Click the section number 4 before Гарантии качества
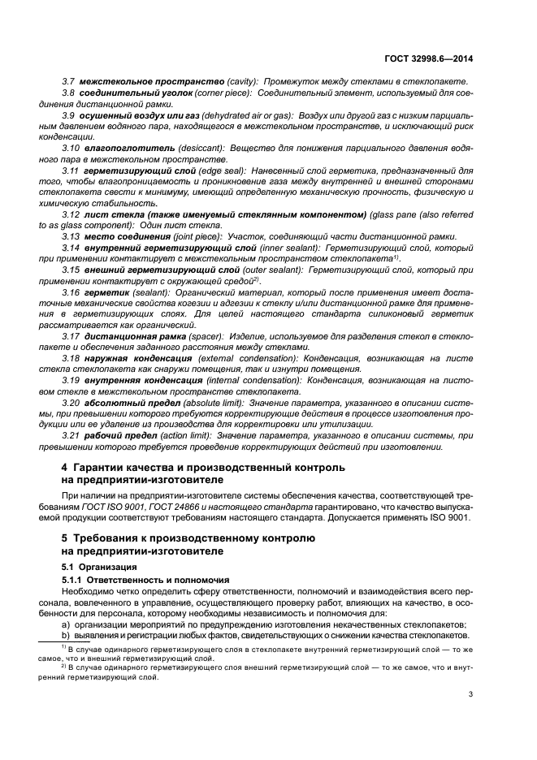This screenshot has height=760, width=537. point(66,468)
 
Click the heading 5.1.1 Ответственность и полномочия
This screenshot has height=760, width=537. point(136,580)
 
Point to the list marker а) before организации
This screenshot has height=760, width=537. point(67,624)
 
